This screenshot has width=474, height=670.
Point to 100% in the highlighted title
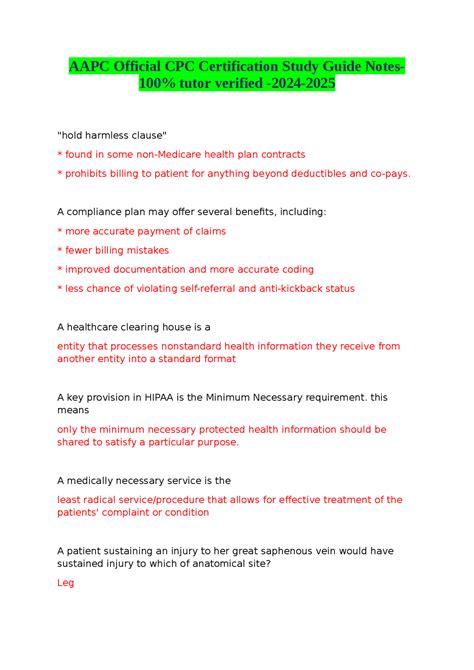coord(161,86)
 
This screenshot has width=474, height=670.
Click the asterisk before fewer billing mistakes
coord(60,251)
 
